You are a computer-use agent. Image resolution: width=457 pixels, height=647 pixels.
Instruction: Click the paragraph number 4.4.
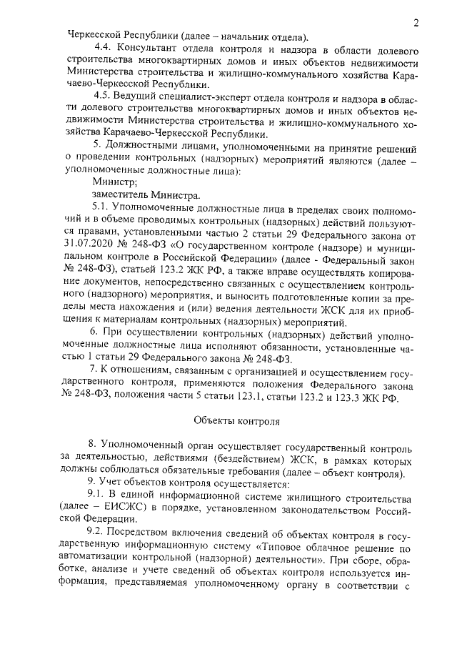pos(103,48)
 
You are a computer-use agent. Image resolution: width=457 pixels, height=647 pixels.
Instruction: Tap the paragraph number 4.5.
pos(103,97)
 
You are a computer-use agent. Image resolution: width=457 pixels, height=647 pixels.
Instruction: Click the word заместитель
pos(121,196)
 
